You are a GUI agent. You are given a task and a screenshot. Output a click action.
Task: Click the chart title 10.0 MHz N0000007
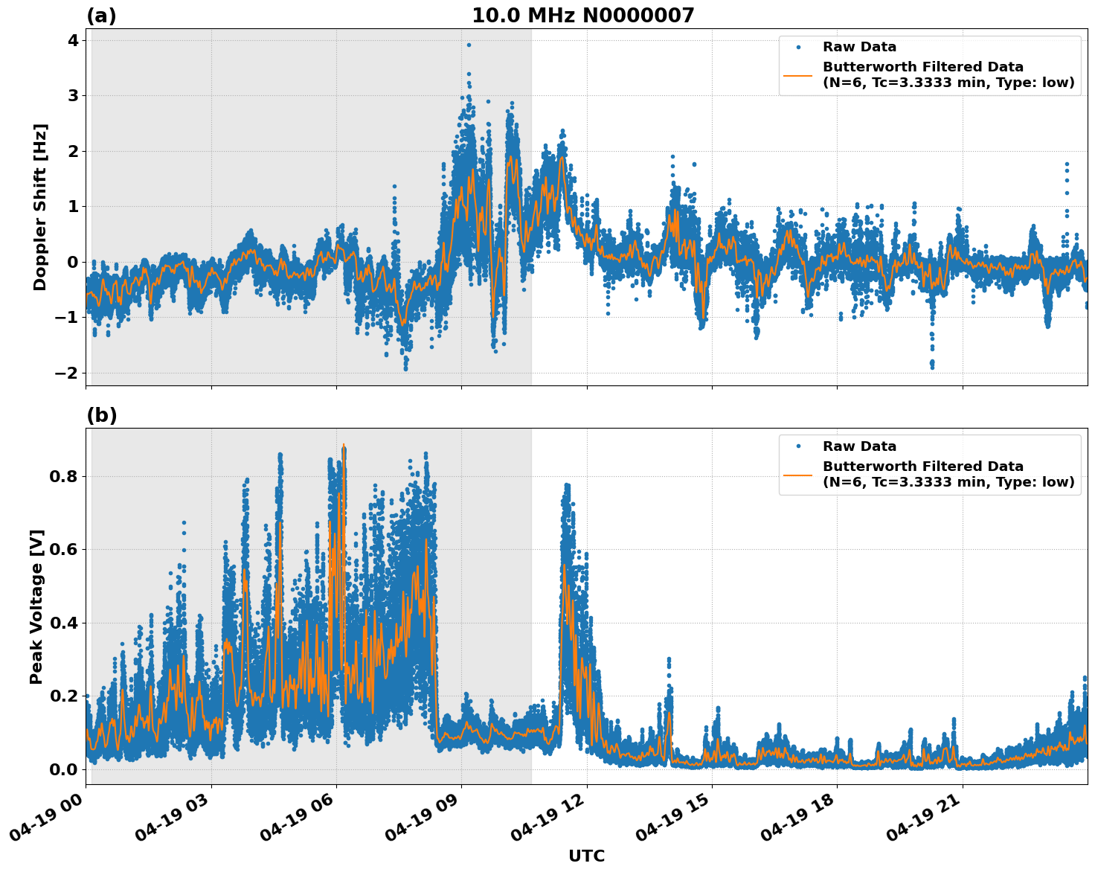582,16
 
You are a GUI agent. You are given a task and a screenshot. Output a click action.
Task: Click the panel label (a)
101,16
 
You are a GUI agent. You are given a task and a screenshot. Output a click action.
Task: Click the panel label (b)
101,415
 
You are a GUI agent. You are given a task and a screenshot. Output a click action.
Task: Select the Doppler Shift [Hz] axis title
40,207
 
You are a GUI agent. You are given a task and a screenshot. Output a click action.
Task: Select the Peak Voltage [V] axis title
36,606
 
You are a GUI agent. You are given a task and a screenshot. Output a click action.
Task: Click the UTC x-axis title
586,856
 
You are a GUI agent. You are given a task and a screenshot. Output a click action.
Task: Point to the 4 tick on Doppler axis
73,40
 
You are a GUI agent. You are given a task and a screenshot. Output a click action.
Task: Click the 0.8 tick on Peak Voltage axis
64,476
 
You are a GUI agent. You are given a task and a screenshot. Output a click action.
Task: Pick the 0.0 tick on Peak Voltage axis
64,769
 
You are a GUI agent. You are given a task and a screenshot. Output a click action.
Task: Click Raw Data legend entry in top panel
859,47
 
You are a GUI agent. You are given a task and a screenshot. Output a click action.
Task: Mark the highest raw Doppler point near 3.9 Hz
469,45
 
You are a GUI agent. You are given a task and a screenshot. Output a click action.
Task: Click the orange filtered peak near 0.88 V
344,445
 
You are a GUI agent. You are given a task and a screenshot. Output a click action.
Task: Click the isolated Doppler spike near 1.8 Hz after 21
1066,164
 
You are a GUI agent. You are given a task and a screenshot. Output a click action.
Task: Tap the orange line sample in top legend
797,75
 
